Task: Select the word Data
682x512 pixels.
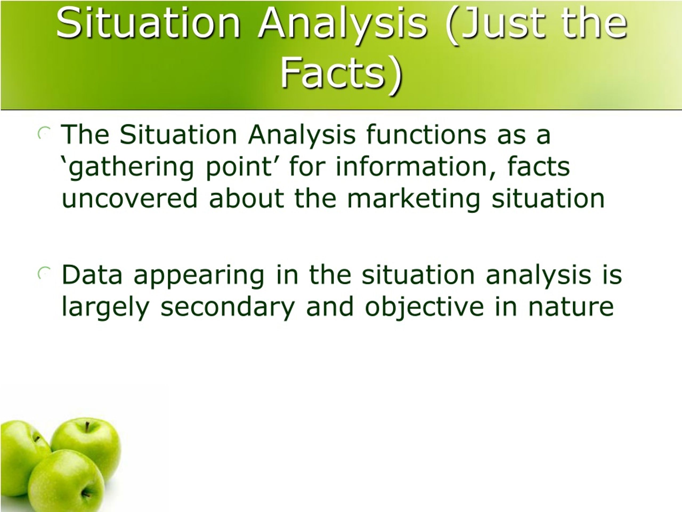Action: coord(92,275)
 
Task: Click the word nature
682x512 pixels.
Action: coord(571,307)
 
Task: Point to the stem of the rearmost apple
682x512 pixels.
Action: coord(88,427)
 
